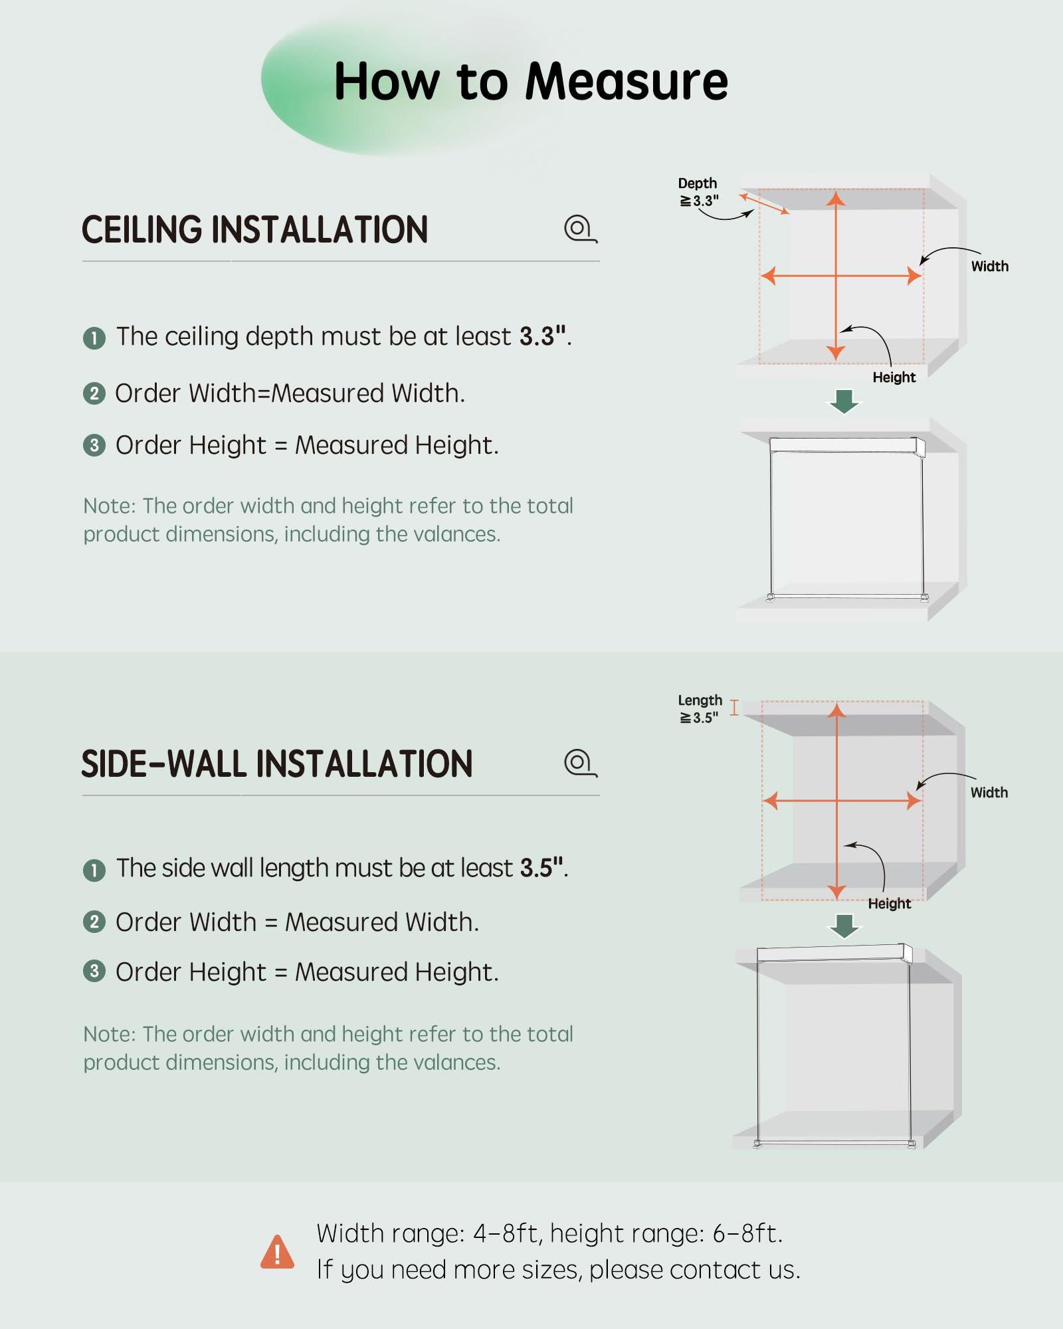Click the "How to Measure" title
point(531,82)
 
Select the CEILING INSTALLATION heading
point(254,230)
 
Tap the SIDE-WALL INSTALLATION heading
point(276,764)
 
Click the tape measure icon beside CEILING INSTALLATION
point(581,229)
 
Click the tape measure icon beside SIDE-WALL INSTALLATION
point(581,763)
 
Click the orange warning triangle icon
point(277,1252)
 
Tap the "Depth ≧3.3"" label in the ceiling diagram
point(698,192)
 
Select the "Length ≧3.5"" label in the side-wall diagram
point(700,709)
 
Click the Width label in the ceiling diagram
point(990,266)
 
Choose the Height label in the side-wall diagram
point(890,904)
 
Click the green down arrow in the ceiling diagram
point(844,401)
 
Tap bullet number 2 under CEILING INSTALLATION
point(94,394)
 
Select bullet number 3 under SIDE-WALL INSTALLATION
point(94,971)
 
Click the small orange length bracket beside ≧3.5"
point(734,707)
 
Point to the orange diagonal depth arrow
point(765,203)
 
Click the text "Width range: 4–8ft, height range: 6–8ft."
point(549,1234)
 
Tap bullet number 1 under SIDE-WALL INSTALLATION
point(94,870)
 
